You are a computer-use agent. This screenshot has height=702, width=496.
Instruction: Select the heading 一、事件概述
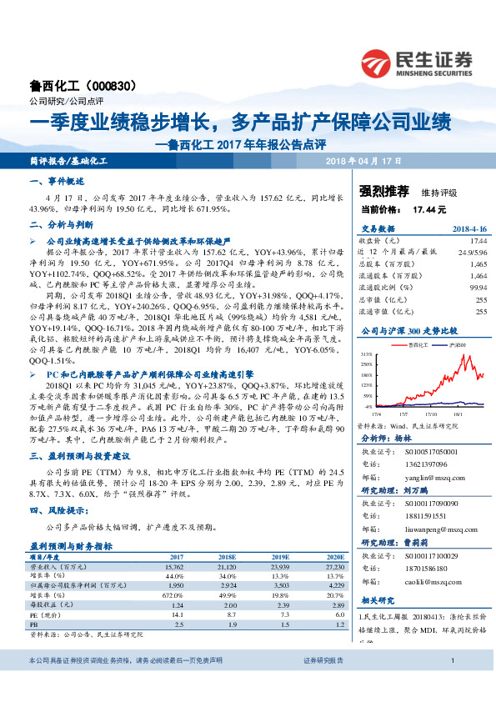[58, 181]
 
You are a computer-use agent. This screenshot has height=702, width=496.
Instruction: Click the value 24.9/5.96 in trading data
[471, 251]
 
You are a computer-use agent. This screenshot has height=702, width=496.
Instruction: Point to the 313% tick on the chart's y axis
[365, 354]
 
